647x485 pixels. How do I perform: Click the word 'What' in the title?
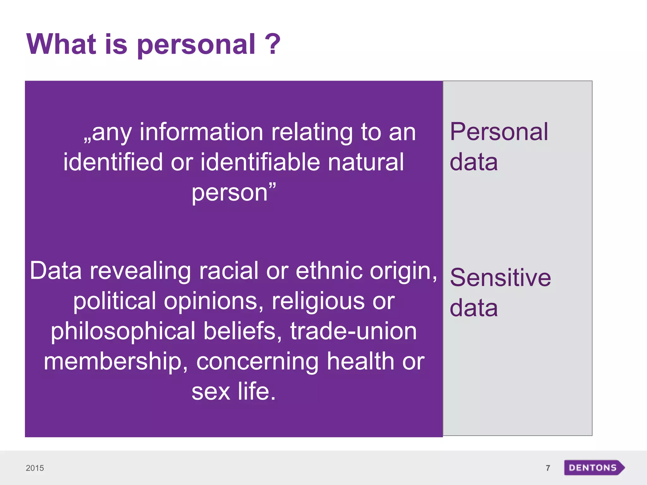point(61,44)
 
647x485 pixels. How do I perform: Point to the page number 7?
point(548,468)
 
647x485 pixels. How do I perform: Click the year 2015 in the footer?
point(35,468)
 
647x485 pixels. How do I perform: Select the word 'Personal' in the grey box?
point(499,132)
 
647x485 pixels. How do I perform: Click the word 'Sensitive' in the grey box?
point(500,278)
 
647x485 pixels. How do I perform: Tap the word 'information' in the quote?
point(201,132)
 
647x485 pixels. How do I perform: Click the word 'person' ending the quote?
point(230,193)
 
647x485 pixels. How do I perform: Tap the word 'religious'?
point(318,301)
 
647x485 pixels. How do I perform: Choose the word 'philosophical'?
point(123,331)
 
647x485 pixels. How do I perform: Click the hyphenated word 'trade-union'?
point(354,331)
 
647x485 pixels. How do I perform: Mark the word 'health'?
point(360,362)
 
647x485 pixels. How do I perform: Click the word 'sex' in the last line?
point(211,392)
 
